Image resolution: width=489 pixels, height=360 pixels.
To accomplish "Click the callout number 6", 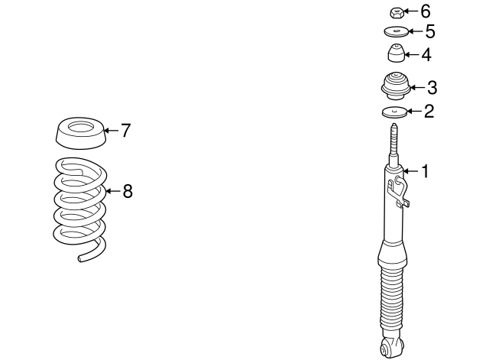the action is pyautogui.click(x=426, y=11).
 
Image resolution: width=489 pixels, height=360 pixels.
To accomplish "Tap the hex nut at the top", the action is pyautogui.click(x=397, y=13).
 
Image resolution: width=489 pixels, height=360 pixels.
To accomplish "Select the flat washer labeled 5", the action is pyautogui.click(x=396, y=31).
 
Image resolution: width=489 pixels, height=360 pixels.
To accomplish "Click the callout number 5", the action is pyautogui.click(x=430, y=31).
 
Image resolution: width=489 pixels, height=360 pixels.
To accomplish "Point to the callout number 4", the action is pyautogui.click(x=426, y=55).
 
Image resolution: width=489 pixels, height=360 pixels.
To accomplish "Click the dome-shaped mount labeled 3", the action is pyautogui.click(x=396, y=86).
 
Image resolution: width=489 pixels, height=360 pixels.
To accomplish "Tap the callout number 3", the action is pyautogui.click(x=432, y=88).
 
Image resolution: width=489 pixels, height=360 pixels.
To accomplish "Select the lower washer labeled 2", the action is pyautogui.click(x=394, y=112).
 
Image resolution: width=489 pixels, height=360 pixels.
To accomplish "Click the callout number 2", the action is pyautogui.click(x=429, y=111).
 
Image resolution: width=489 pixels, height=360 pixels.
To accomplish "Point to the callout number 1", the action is pyautogui.click(x=425, y=171).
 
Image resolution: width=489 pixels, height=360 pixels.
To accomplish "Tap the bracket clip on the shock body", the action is pyautogui.click(x=398, y=192).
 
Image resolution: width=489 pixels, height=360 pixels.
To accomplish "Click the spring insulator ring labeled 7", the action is pyautogui.click(x=81, y=133).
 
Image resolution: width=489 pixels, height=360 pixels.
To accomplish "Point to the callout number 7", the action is pyautogui.click(x=125, y=131).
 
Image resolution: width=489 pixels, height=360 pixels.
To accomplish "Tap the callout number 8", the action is pyautogui.click(x=128, y=191).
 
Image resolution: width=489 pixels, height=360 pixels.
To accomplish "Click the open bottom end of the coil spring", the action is pyautogui.click(x=80, y=258).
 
